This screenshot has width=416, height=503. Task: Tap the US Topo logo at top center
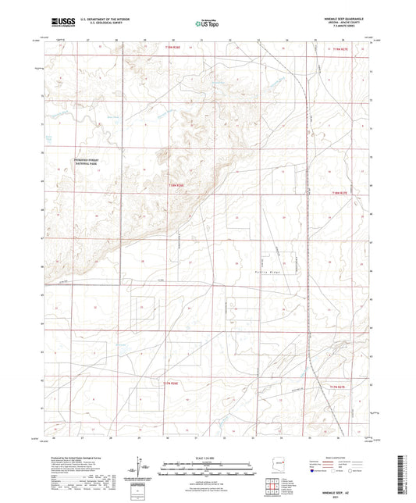[207, 24]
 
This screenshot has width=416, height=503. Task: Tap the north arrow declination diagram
[144, 469]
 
